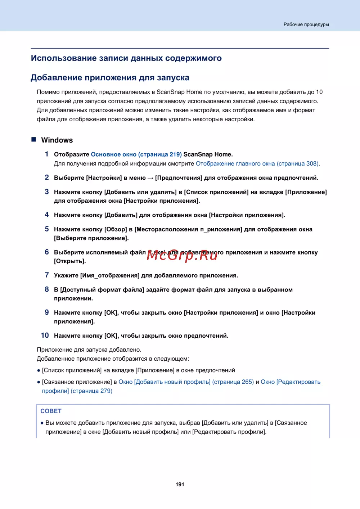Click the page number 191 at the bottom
pos(180,485)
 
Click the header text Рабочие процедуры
pos(306,24)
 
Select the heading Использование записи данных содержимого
pos(126,58)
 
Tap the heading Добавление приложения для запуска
pos(110,78)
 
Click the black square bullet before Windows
pos(34,140)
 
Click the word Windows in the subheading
pos(57,140)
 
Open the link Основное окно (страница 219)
pos(136,154)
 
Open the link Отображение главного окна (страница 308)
pos(257,164)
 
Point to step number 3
pos(47,192)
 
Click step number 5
pos(47,229)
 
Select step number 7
pos(47,275)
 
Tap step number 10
pos(45,335)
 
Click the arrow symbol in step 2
pos(150,178)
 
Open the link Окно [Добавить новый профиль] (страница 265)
pos(186,382)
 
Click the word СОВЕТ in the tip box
pos(51,411)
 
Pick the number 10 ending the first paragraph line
pos(319,92)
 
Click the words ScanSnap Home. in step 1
pos(208,154)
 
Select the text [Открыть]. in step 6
pos(70,261)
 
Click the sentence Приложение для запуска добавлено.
pos(89,350)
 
